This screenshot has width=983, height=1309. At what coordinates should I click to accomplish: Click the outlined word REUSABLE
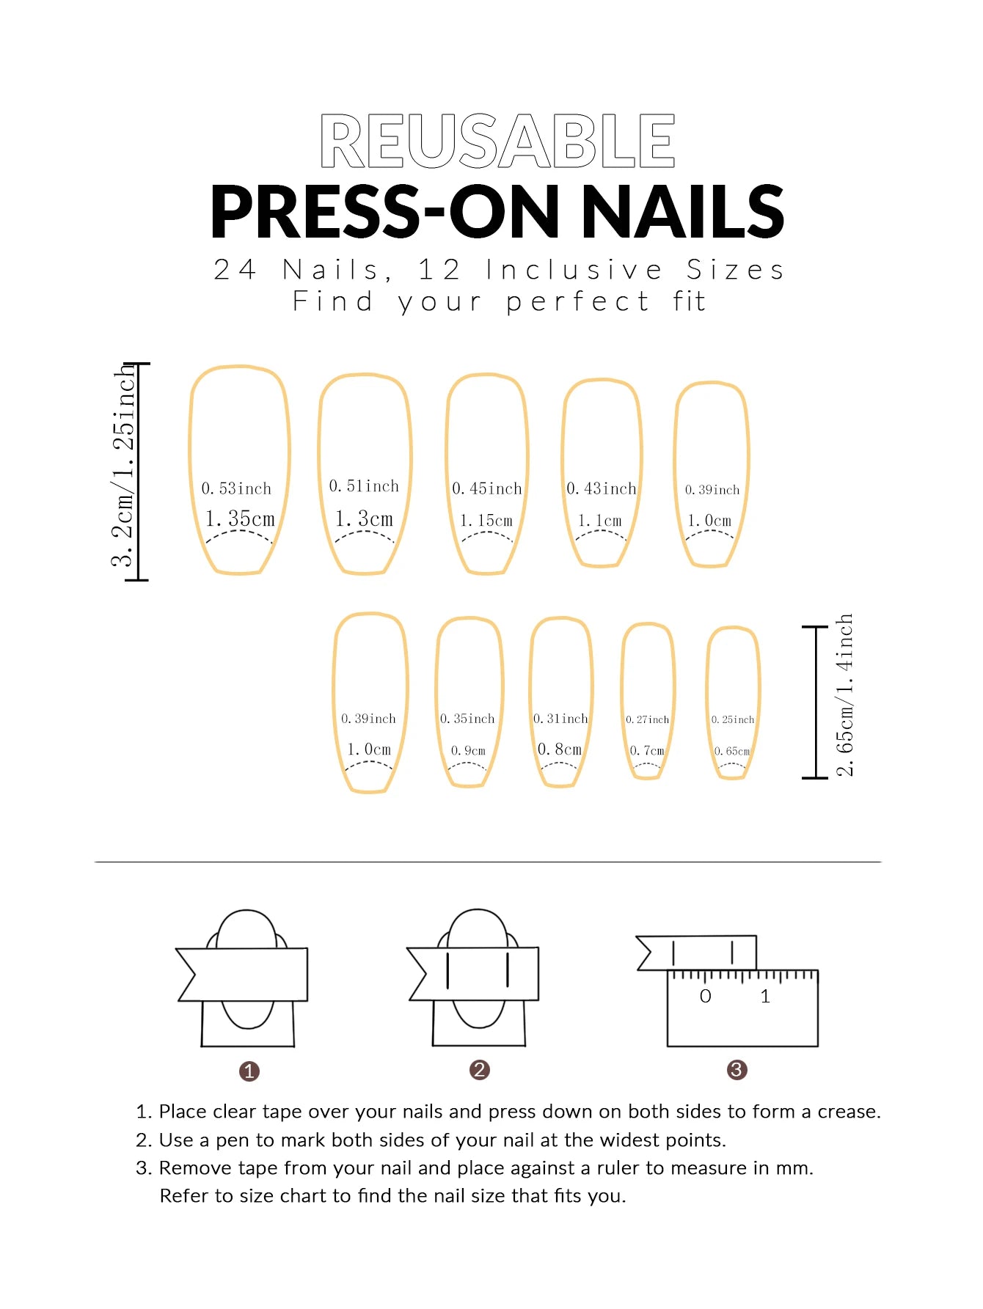497,141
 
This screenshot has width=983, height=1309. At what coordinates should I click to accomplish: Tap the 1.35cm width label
240,518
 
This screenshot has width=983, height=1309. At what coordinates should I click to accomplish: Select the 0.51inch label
364,486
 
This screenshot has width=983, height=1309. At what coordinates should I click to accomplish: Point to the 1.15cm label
486,521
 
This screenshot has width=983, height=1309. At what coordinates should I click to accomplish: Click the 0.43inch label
602,488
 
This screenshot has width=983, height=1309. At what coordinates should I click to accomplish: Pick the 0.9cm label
468,750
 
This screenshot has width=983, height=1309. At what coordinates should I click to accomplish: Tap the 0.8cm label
560,749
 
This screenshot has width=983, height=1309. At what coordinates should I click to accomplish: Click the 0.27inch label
647,719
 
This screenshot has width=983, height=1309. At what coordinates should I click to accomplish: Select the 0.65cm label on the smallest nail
732,751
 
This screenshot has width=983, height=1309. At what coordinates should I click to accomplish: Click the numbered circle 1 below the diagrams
249,1071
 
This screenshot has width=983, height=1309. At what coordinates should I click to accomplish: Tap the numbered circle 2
479,1070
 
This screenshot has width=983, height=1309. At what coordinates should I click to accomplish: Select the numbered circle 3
737,1070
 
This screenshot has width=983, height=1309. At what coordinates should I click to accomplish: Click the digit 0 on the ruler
705,996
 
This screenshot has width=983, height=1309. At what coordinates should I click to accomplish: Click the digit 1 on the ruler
765,996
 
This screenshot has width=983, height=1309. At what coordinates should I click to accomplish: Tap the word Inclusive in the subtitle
574,270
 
